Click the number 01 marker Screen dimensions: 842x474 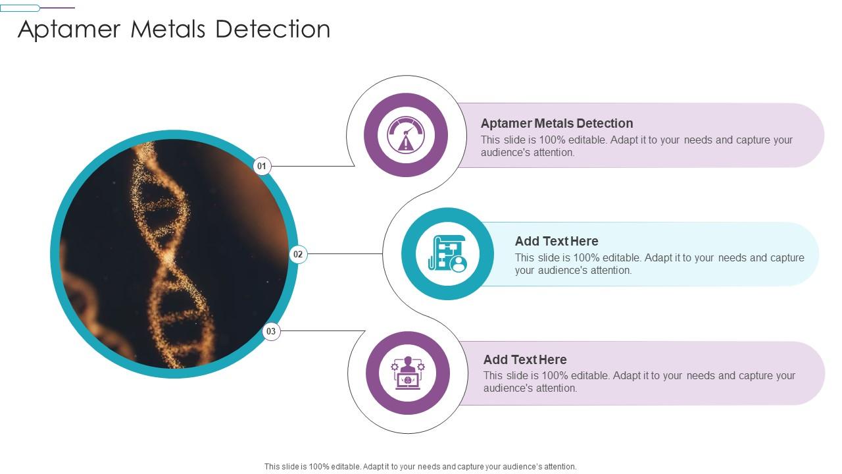[262, 166]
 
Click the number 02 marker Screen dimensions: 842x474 [298, 254]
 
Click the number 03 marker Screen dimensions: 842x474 [271, 331]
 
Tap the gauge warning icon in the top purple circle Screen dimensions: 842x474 [406, 135]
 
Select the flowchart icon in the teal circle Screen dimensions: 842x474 [447, 254]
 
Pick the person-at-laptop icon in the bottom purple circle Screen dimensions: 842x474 [408, 373]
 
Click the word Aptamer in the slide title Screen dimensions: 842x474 [69, 30]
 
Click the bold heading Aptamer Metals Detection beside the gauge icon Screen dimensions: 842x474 [557, 123]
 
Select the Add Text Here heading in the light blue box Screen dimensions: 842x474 [557, 241]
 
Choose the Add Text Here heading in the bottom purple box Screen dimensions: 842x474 [525, 359]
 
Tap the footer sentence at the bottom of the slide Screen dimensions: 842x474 [420, 466]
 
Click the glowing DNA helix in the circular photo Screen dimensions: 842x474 [164, 250]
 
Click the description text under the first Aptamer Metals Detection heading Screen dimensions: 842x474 [636, 146]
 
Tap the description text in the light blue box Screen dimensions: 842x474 [659, 264]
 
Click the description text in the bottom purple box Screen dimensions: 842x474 [639, 382]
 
